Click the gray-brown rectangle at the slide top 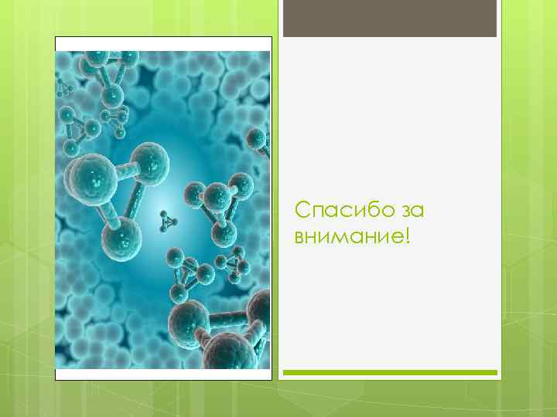[x=390, y=19]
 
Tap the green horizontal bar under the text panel [x=390, y=372]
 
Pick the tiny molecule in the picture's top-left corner [x=64, y=88]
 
